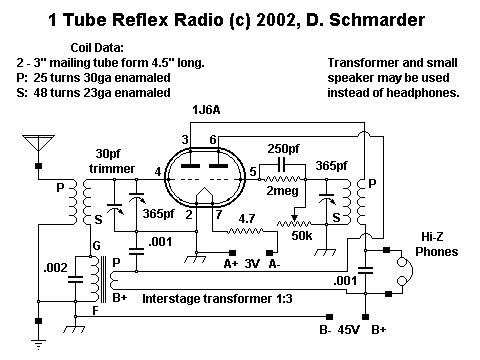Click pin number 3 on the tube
click(186, 138)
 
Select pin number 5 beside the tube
click(254, 173)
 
